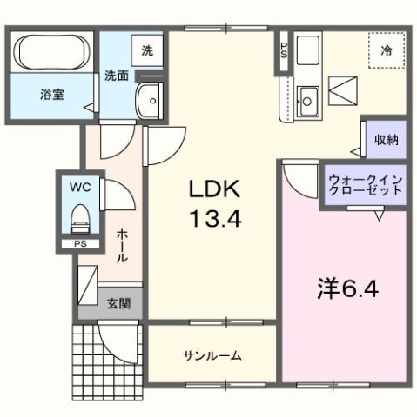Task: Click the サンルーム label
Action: click(x=212, y=355)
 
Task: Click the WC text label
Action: click(x=80, y=186)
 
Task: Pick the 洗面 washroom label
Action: click(x=118, y=76)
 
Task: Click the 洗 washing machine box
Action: click(x=147, y=50)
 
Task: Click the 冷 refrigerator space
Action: click(x=384, y=51)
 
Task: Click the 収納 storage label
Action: click(x=387, y=140)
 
